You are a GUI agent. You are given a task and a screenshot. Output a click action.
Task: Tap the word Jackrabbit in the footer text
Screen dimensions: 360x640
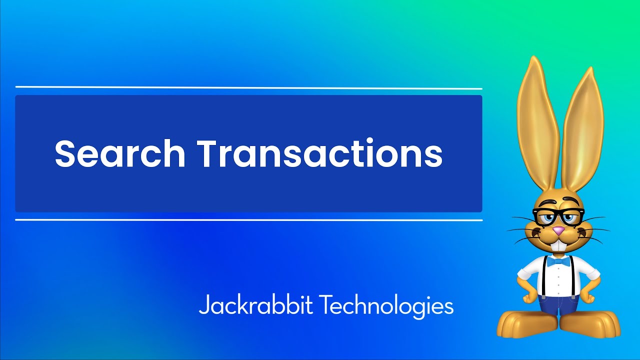point(255,305)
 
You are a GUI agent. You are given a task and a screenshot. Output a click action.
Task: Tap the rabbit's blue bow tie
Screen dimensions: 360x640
point(558,261)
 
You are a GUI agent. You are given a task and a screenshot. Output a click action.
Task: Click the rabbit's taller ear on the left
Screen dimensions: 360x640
point(538,125)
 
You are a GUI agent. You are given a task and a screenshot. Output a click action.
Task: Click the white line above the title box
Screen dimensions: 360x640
point(248,88)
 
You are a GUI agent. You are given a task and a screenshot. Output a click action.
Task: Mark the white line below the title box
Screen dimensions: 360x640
point(248,220)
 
